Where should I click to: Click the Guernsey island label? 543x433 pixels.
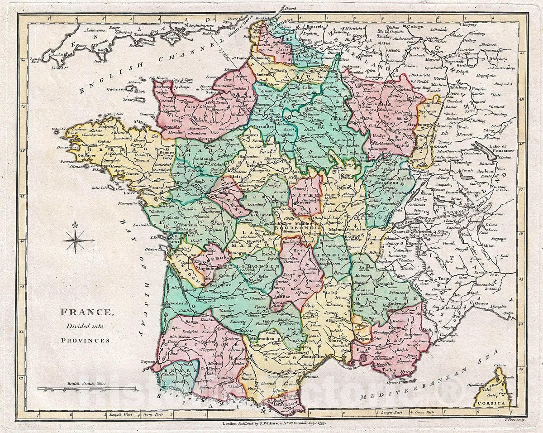[116, 89]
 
